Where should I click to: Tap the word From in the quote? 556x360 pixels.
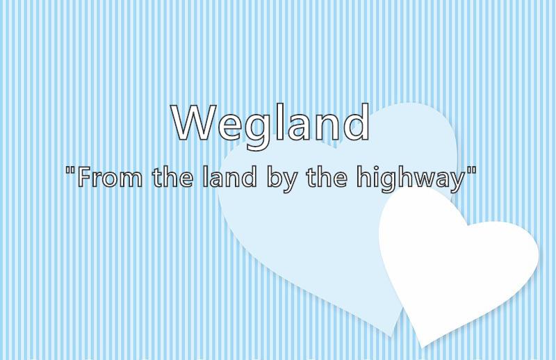coord(111,177)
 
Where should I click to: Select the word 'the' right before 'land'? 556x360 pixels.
coord(173,177)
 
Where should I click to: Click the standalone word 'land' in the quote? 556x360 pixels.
coord(230,177)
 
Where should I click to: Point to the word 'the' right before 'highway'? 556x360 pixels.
coord(327,177)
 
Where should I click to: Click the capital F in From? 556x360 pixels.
coord(83,177)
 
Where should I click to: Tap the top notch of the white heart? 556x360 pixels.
coord(468,226)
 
